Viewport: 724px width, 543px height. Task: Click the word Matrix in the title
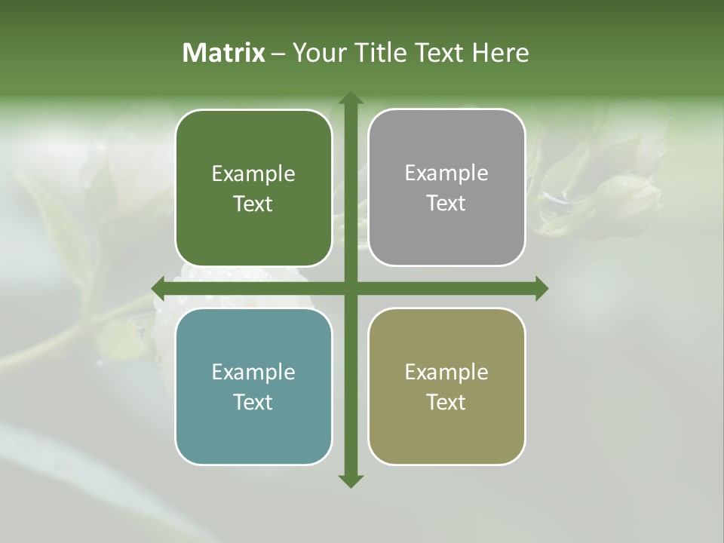click(x=224, y=53)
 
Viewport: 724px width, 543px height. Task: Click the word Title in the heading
click(x=384, y=53)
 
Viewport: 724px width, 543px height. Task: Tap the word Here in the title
click(x=501, y=53)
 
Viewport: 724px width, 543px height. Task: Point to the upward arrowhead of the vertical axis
click(x=350, y=97)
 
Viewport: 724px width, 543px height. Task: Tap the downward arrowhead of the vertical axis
click(x=350, y=480)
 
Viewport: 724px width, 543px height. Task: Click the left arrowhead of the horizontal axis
click(x=158, y=288)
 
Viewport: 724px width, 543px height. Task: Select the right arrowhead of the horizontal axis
click(x=542, y=288)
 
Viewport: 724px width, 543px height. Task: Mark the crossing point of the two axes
click(x=350, y=288)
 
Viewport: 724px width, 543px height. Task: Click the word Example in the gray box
click(x=446, y=173)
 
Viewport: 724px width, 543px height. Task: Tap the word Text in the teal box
click(x=253, y=402)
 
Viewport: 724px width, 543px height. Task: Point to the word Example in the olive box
click(x=446, y=372)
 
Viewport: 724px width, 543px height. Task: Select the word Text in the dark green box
click(x=253, y=204)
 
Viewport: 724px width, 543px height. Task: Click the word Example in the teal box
click(x=253, y=372)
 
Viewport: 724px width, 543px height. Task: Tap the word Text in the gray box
click(x=446, y=204)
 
